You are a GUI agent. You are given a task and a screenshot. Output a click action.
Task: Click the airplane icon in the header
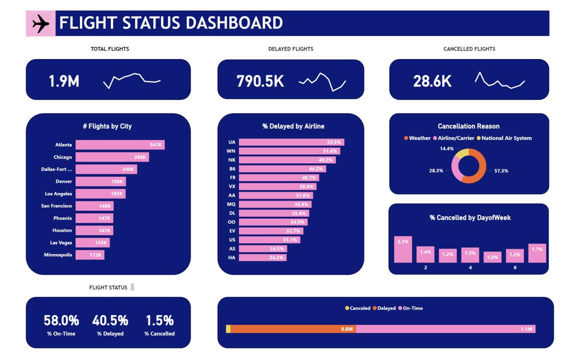pos(40,23)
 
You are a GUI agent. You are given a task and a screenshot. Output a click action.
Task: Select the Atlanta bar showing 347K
pos(120,145)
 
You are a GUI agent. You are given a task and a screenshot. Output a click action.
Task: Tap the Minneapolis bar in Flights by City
pos(90,255)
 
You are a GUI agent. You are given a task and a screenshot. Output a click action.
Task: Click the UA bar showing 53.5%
pos(291,142)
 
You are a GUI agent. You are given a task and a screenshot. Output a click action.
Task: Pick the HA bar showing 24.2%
pos(262,257)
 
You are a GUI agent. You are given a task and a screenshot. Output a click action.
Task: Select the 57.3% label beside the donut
pos(501,171)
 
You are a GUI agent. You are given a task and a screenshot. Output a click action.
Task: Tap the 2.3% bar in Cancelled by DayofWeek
pos(403,249)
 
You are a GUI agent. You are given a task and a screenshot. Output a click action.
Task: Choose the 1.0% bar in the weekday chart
pos(492,257)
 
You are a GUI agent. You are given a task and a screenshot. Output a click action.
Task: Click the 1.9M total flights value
pos(64,81)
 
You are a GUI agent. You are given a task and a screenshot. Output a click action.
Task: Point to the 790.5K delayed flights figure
pos(260,81)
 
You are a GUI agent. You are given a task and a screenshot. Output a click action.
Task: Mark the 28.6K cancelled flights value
pos(432,81)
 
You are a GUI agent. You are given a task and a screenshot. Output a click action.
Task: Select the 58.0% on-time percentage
pos(61,320)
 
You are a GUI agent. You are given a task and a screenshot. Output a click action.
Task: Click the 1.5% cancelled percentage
pos(159,320)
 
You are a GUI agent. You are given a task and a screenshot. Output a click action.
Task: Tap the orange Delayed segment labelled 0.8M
pos(293,329)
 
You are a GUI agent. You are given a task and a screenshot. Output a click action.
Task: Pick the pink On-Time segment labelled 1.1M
pos(445,329)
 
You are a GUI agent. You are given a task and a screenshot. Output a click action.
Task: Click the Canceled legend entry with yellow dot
pos(357,308)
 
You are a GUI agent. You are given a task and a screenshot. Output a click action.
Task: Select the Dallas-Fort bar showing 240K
pos(106,169)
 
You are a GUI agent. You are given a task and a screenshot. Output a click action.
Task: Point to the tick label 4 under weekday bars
pos(470,267)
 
